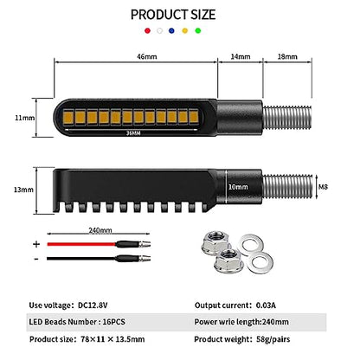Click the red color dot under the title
tap(147, 30)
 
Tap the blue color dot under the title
tap(171, 30)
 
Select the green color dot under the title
tap(198, 30)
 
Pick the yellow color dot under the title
tap(185, 30)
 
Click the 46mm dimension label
tap(147, 56)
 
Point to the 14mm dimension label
tap(241, 56)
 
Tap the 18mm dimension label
tap(287, 56)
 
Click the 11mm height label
tap(24, 118)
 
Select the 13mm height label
tap(23, 190)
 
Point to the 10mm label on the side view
tap(238, 187)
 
